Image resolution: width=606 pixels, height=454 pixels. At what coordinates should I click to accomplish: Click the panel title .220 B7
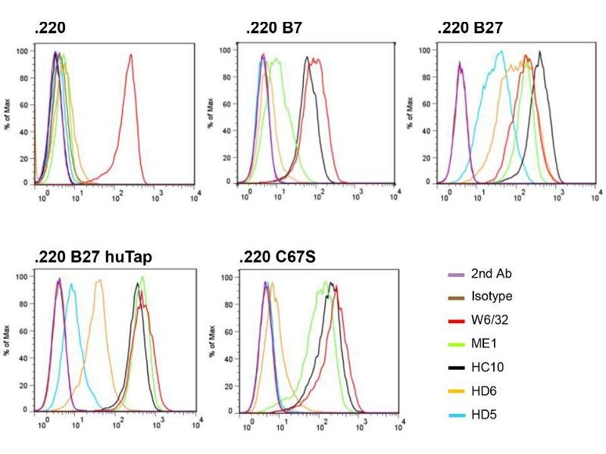click(x=273, y=30)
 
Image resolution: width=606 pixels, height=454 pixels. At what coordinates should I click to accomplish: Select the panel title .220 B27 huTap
click(x=93, y=257)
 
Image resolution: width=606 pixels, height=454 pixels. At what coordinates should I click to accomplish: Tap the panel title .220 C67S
click(x=277, y=257)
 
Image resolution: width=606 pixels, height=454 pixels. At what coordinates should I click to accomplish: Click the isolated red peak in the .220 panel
click(x=130, y=56)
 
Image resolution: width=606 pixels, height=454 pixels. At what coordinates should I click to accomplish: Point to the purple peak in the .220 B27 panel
click(x=460, y=65)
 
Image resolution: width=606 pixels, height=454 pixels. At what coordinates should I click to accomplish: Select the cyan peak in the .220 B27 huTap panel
click(x=71, y=286)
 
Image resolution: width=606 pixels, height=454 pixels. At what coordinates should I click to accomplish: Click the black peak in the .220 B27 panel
click(x=539, y=53)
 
